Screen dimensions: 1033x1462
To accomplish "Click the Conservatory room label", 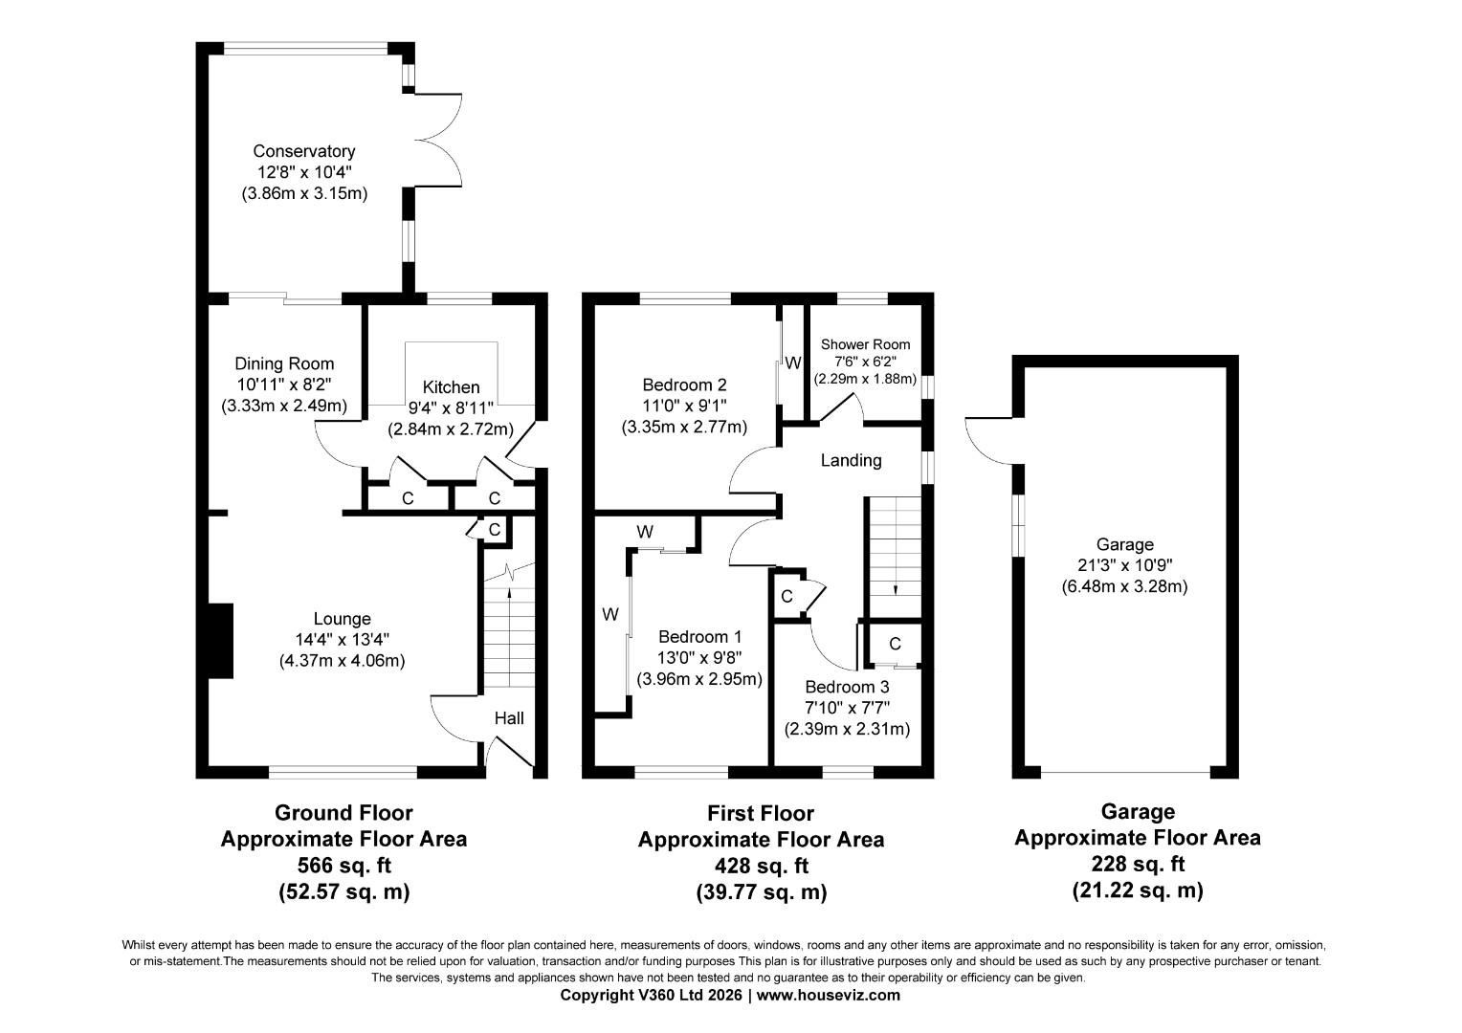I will tap(303, 151).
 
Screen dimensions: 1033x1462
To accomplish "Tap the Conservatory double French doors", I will tap(439, 140).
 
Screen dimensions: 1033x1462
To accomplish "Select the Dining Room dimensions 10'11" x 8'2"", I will tap(284, 385).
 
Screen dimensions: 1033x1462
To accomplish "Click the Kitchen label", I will tap(451, 387).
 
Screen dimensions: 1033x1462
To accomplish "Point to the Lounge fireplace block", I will tap(219, 641).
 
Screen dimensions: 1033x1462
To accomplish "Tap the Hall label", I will tap(509, 718).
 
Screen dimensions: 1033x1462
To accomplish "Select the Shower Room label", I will tap(865, 344).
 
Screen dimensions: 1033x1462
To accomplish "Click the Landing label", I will tap(851, 461).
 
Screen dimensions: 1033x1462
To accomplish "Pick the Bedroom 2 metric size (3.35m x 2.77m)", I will tap(684, 427).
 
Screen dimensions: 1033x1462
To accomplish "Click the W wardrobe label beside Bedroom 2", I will tap(792, 363).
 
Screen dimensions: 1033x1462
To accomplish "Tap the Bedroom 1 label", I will tap(699, 637).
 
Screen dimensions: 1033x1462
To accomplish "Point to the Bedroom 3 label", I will tap(847, 687).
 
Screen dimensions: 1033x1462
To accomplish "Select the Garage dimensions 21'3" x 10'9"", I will tap(1124, 565).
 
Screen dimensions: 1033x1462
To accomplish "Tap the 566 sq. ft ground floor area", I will tap(343, 866).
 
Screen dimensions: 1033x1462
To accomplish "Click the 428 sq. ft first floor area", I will tap(761, 867).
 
